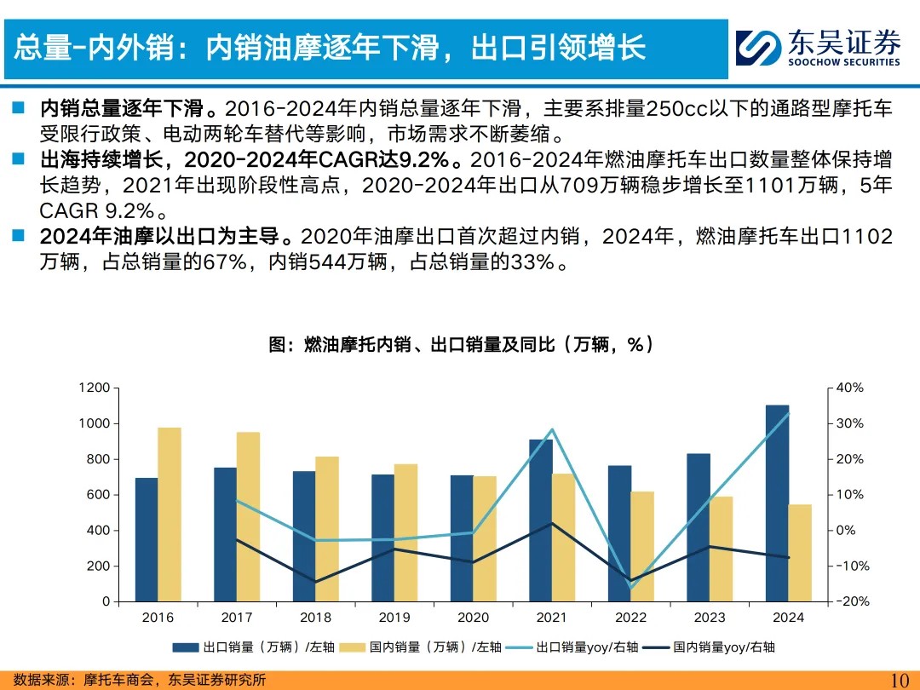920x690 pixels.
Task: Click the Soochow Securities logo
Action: click(818, 48)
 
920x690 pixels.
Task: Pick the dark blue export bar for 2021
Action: click(540, 520)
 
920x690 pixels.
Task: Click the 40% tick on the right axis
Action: click(849, 388)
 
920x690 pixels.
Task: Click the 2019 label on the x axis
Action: click(394, 618)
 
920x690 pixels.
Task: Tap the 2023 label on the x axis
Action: click(710, 618)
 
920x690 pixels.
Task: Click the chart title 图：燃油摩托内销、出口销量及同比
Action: click(461, 344)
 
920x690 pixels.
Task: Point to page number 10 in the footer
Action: click(900, 680)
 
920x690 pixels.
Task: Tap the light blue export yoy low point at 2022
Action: click(631, 587)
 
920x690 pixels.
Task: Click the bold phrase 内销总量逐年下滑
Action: click(122, 109)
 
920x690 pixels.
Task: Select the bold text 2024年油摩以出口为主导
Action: click(166, 236)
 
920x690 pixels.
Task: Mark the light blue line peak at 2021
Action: click(552, 429)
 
